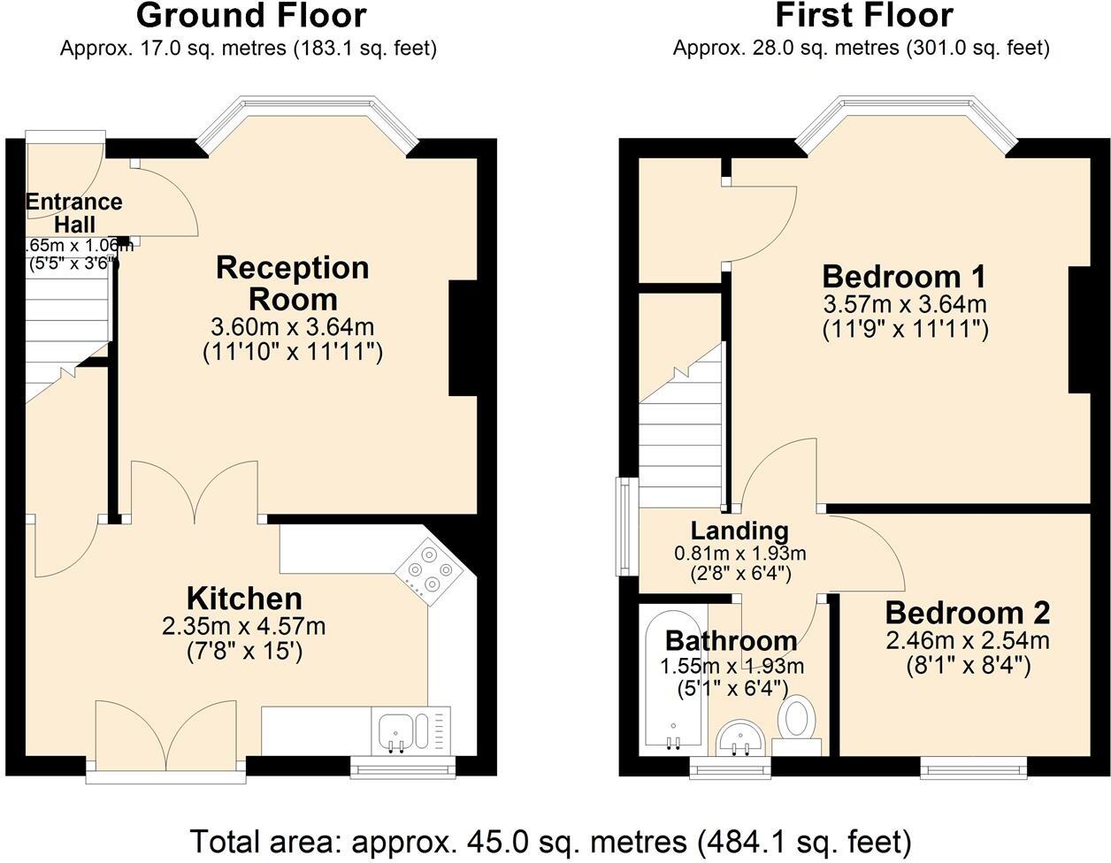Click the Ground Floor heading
pos(251,16)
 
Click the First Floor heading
pos(863,16)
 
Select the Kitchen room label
pos(244,599)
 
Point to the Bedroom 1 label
pos(903,276)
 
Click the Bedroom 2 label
pos(967,612)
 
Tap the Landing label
pos(739,531)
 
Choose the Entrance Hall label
pos(73,213)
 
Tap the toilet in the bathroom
pos(798,718)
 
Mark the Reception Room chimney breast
pos(464,338)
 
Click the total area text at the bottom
pos(550,840)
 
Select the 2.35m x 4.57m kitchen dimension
pos(244,627)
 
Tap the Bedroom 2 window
pos(973,767)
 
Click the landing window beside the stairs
pos(626,527)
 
